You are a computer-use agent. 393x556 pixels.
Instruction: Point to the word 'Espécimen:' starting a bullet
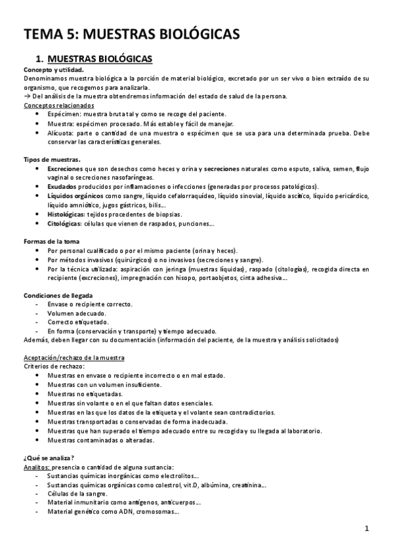tap(64, 114)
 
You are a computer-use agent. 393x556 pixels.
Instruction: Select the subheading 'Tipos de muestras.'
tap(52, 159)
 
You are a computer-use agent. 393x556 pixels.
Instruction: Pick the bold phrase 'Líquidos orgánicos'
tap(75, 196)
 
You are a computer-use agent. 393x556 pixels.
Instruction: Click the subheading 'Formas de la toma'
tap(52, 241)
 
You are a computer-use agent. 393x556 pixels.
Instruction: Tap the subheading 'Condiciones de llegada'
tap(58, 295)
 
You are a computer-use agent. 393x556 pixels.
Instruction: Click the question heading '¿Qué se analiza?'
tap(49, 457)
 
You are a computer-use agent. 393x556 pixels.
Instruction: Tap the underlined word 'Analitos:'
tap(37, 466)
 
